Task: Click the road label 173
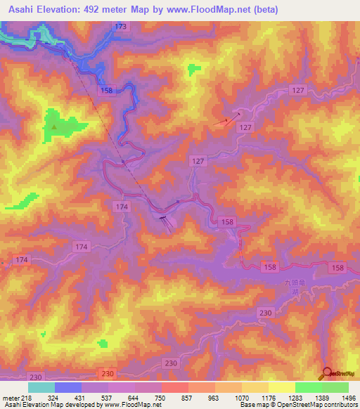point(121,26)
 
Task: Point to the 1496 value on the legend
point(348,397)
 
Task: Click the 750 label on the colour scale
point(161,397)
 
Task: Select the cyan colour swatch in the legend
point(41,387)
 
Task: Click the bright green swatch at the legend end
point(335,387)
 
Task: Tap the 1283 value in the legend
point(295,397)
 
